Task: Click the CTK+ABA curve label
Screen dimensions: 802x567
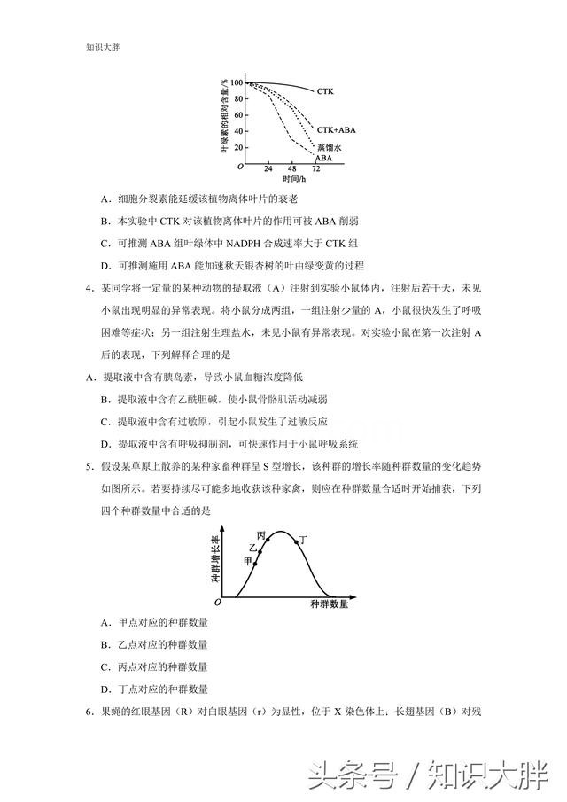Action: pyautogui.click(x=335, y=128)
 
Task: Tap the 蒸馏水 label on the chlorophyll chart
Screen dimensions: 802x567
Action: pyautogui.click(x=329, y=146)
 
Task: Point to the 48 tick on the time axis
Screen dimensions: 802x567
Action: pyautogui.click(x=291, y=168)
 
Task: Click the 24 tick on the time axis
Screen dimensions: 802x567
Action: pyautogui.click(x=268, y=168)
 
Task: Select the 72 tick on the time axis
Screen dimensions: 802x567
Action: pyautogui.click(x=316, y=168)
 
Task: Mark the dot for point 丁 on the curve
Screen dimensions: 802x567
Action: pyautogui.click(x=297, y=541)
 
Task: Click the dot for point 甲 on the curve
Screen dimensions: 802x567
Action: pyautogui.click(x=255, y=563)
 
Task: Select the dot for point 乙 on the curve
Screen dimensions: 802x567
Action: pyautogui.click(x=260, y=551)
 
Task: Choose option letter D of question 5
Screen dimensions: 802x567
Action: pyautogui.click(x=105, y=689)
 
